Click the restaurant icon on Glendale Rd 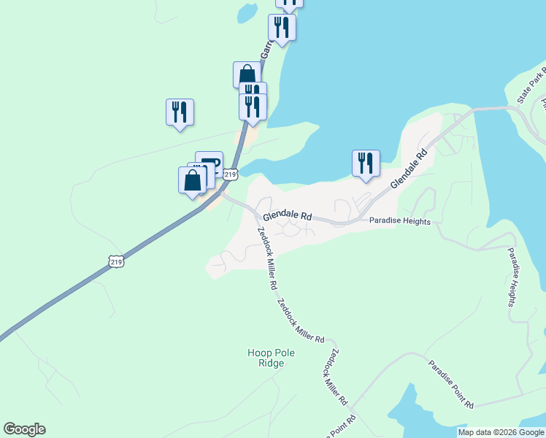(366, 164)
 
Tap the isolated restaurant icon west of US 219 (180, 112)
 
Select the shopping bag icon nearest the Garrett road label (247, 74)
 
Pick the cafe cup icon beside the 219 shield (210, 162)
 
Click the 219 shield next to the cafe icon (231, 174)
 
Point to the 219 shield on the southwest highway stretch (115, 261)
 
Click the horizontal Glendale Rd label (287, 217)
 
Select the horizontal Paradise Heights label (399, 221)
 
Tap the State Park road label (532, 87)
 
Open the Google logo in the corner (24, 429)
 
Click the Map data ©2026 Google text (501, 432)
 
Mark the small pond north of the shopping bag (246, 14)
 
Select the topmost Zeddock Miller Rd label (266, 255)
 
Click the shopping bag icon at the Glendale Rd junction (193, 180)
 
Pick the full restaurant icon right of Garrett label (281, 28)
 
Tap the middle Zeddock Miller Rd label (300, 321)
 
